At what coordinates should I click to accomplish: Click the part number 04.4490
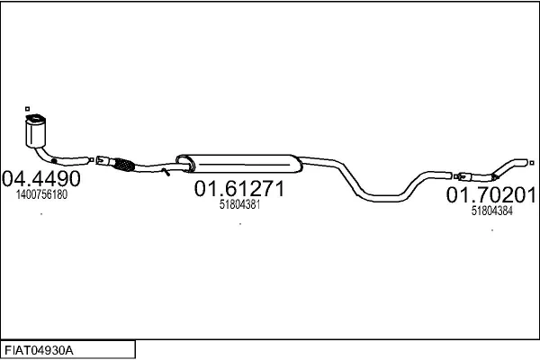(41, 178)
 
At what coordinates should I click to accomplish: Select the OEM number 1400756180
(41, 194)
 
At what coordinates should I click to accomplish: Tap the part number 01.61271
(239, 188)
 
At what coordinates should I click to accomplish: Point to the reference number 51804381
(239, 204)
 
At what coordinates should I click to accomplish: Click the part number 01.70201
(491, 195)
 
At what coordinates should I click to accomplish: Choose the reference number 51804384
(491, 211)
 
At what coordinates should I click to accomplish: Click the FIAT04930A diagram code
(39, 351)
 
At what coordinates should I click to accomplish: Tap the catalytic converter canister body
(35, 130)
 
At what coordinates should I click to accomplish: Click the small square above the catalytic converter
(28, 109)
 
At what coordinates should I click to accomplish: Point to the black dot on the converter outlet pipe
(54, 161)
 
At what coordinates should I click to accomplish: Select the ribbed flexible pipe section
(123, 165)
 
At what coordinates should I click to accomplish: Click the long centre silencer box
(239, 164)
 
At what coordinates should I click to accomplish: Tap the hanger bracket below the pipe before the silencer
(166, 172)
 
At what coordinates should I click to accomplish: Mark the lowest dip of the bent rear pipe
(382, 198)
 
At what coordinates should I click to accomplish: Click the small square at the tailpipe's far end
(532, 163)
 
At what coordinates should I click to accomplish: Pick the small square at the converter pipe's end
(92, 160)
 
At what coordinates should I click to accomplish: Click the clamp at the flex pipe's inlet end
(103, 161)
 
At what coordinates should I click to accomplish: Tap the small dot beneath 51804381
(240, 224)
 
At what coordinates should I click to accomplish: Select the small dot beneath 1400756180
(41, 214)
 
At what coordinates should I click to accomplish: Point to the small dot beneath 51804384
(492, 230)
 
